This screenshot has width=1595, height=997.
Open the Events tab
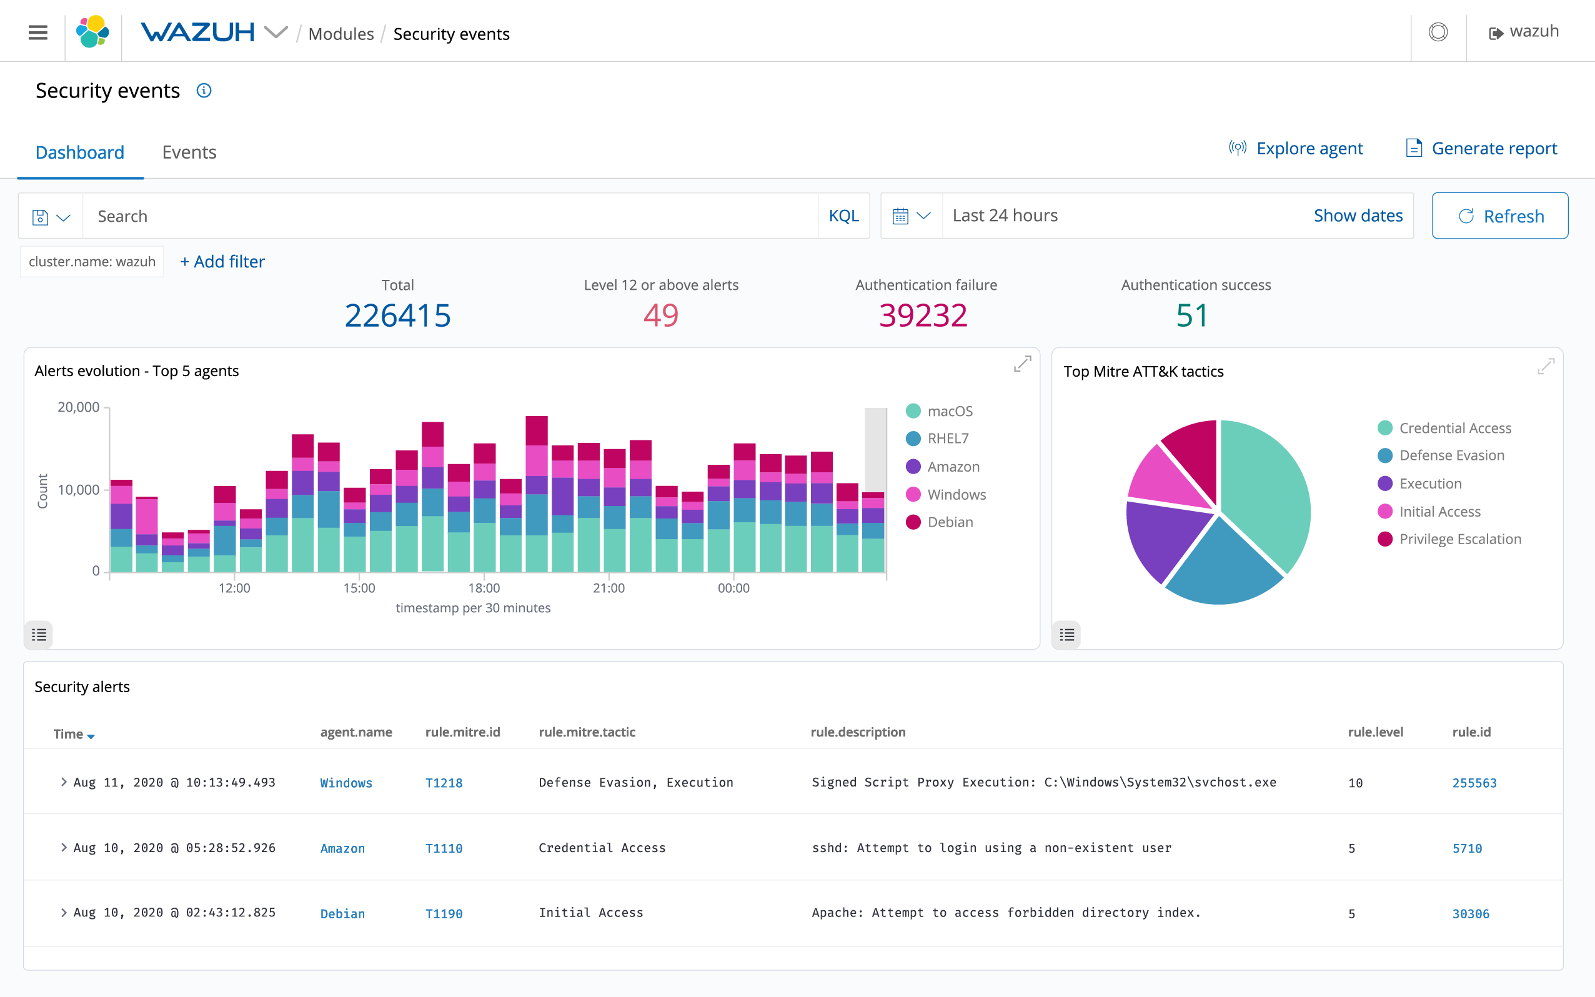point(189,152)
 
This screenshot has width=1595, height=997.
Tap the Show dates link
point(1357,216)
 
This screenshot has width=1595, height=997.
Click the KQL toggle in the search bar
point(843,216)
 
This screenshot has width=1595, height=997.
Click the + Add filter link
point(222,262)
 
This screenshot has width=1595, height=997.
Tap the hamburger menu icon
point(38,32)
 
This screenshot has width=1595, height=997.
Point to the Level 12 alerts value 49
point(661,315)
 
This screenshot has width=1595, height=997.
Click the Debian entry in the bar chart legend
point(949,522)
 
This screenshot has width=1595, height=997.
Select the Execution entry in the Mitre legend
point(1429,484)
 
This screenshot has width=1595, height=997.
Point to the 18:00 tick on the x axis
point(484,587)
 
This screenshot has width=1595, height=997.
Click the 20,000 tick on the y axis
point(79,407)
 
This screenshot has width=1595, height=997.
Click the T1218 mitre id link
point(444,783)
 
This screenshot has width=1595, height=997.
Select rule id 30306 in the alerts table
point(1471,913)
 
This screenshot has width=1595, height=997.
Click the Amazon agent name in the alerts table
point(342,848)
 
